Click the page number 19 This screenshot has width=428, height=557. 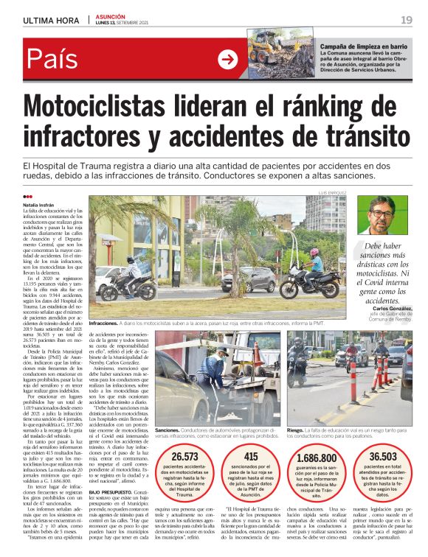[x=407, y=19]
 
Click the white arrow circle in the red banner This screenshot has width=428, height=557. [x=228, y=59]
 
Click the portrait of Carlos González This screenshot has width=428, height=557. [x=381, y=214]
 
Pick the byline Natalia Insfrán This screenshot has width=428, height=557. [x=43, y=204]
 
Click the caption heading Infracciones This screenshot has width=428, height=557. [x=103, y=324]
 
